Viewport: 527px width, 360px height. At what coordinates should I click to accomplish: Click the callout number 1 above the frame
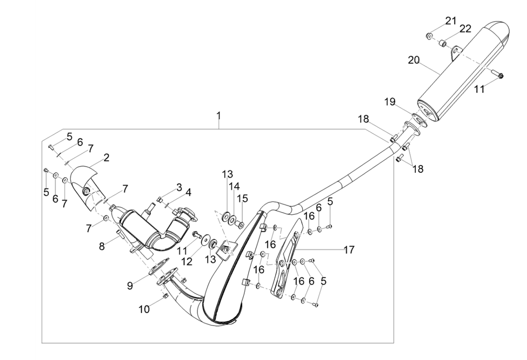[x=218, y=116]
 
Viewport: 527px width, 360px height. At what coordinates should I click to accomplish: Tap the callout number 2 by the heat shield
[x=106, y=157]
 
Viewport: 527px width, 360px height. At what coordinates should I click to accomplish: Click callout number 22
[x=465, y=30]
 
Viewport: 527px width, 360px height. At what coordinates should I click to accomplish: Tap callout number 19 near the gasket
[x=390, y=102]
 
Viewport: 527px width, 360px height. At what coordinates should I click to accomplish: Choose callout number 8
[x=102, y=246]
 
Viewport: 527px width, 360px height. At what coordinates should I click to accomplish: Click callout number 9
[x=130, y=286]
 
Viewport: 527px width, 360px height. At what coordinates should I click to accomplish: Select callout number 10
[x=144, y=309]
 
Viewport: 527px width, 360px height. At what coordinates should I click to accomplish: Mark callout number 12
[x=186, y=261]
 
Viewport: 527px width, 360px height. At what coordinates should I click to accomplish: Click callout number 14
[x=233, y=186]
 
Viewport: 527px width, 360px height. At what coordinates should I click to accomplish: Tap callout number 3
[x=179, y=186]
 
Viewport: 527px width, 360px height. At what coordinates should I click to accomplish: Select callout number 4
[x=188, y=192]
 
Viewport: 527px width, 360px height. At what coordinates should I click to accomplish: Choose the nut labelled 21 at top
[x=429, y=35]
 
